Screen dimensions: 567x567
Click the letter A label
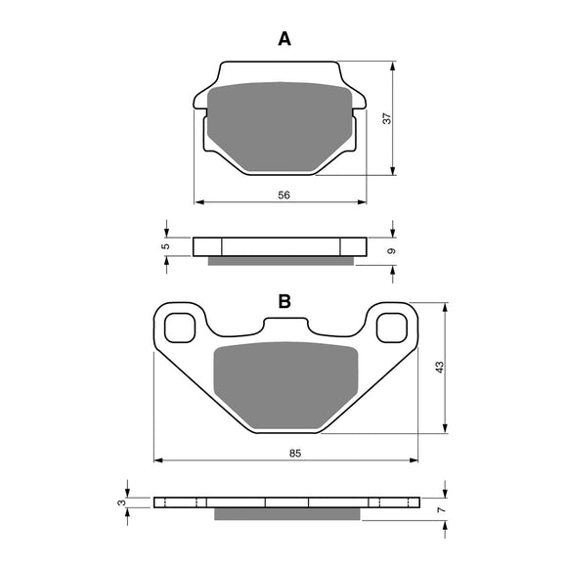coord(284,39)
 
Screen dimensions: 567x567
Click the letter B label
coord(284,302)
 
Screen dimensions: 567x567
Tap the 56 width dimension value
coord(283,195)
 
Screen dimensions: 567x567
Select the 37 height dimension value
coord(387,118)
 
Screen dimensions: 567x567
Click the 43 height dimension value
coord(440,367)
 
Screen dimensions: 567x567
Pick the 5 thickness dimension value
coord(167,245)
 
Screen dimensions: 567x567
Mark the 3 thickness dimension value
coord(121,502)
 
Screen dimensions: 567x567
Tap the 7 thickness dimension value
coord(442,508)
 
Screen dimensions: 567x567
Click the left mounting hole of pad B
coord(180,327)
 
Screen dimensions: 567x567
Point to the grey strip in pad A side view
coord(283,260)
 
